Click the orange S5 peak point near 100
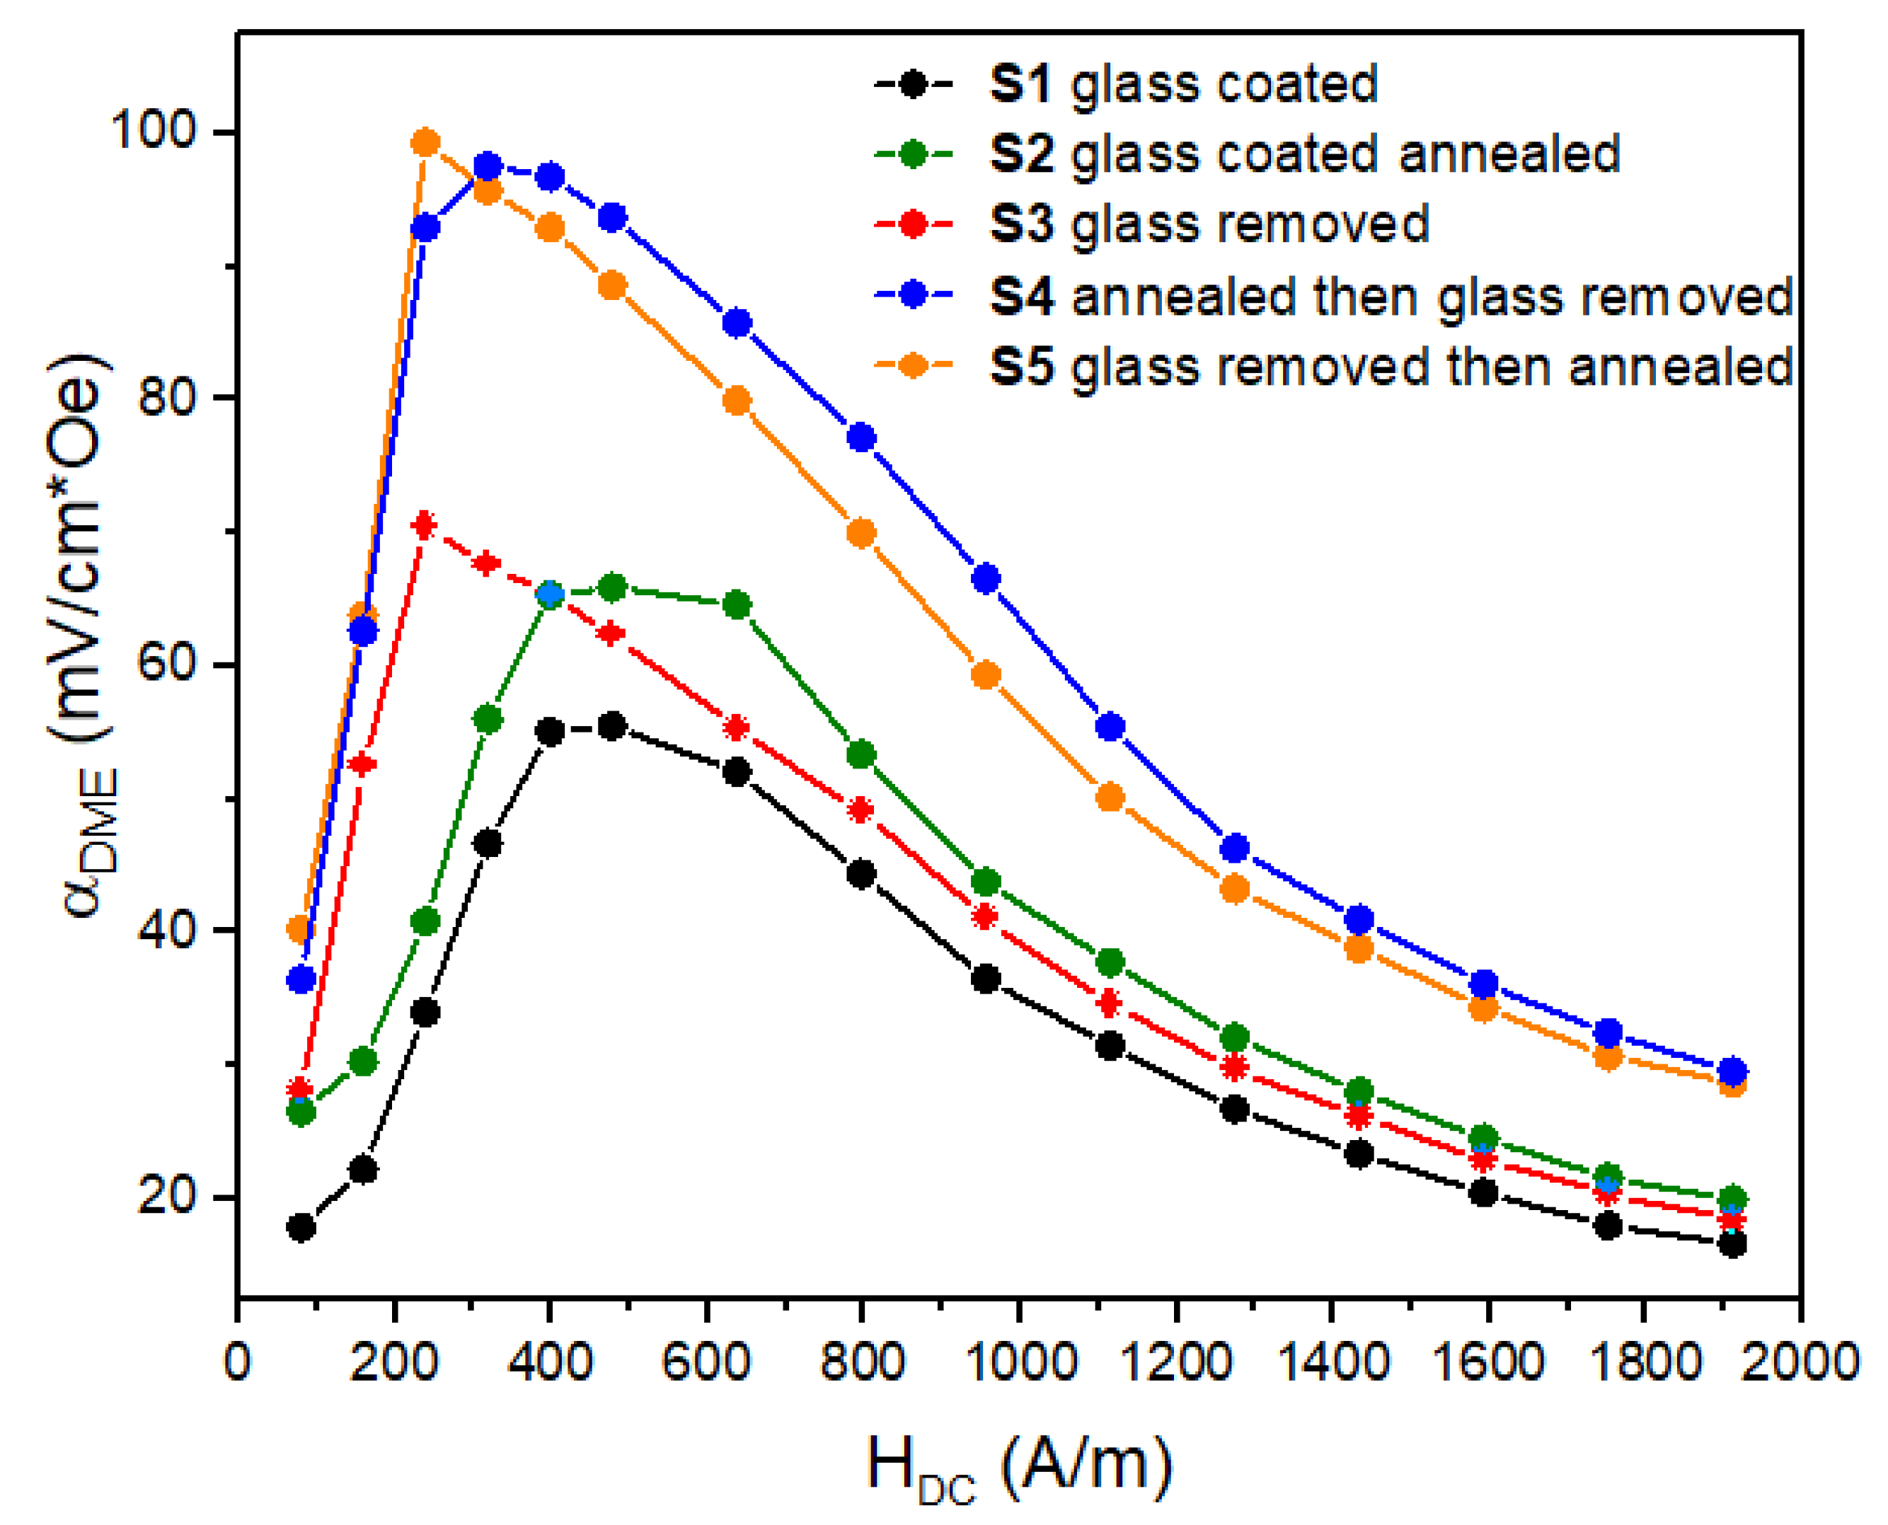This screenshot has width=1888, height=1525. [x=425, y=142]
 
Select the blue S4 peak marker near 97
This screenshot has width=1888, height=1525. [x=488, y=166]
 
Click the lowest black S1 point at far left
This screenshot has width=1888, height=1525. [x=301, y=1227]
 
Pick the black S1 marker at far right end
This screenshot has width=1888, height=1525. [x=1732, y=1244]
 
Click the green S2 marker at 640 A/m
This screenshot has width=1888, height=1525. [x=737, y=605]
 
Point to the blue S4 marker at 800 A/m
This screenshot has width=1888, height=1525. [x=862, y=437]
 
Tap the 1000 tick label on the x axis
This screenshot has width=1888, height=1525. [x=1018, y=1362]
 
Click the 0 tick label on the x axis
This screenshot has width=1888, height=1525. [x=237, y=1362]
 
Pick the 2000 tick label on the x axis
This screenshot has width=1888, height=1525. [x=1800, y=1362]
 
